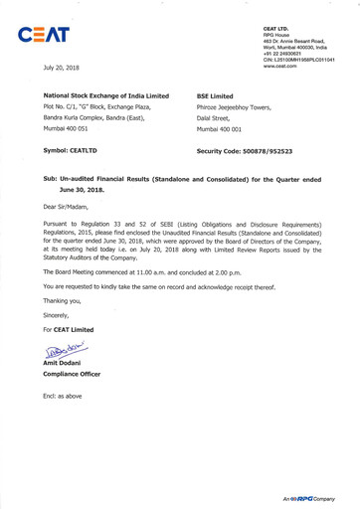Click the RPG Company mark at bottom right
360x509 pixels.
pos(312,496)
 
